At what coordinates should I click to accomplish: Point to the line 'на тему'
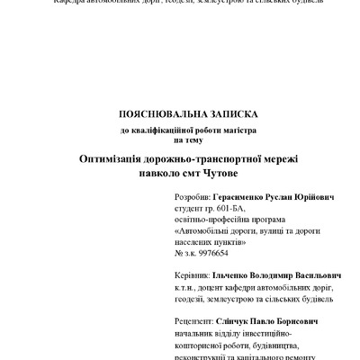(x=188, y=139)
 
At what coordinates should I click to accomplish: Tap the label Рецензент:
(x=193, y=320)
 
